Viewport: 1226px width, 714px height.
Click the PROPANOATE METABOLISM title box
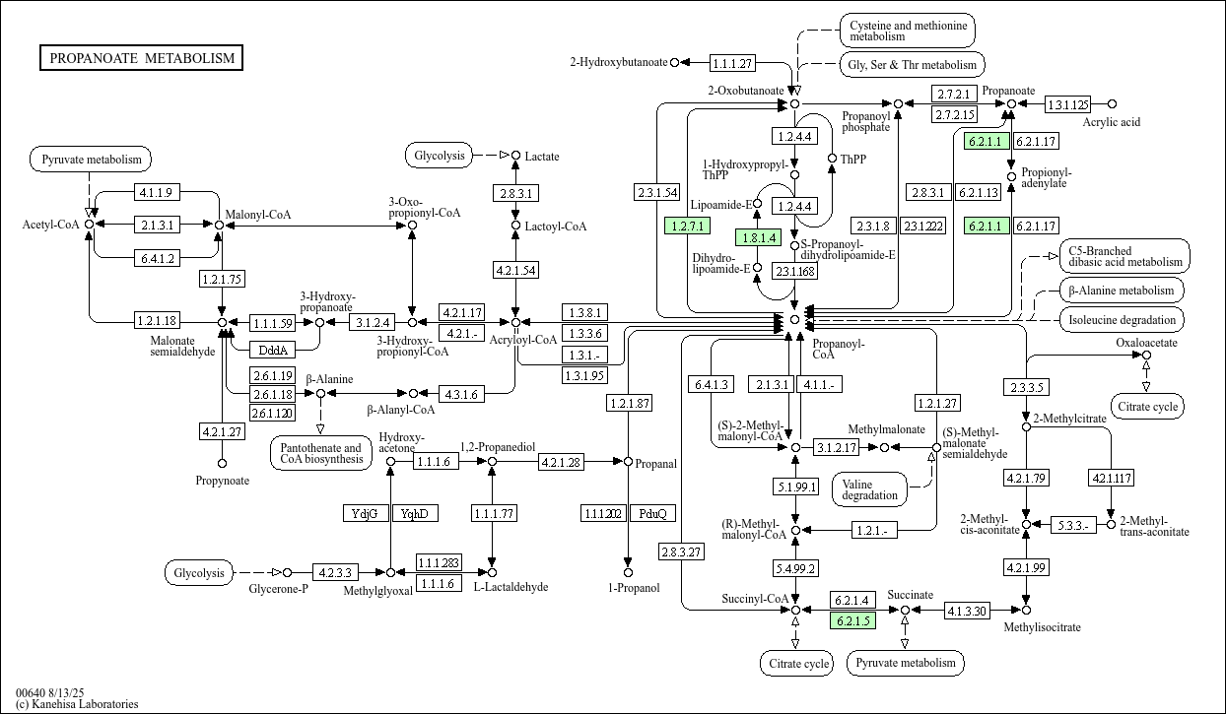pyautogui.click(x=141, y=57)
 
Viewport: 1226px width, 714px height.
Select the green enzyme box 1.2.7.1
pyautogui.click(x=688, y=226)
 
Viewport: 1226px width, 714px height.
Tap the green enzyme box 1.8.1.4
pyautogui.click(x=758, y=237)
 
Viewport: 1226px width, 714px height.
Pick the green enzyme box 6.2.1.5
pyautogui.click(x=852, y=620)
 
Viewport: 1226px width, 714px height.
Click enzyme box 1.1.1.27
pyautogui.click(x=732, y=63)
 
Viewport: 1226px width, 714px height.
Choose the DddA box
pyautogui.click(x=273, y=350)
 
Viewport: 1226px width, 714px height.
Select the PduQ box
pyautogui.click(x=652, y=513)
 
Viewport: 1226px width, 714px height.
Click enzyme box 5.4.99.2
pyautogui.click(x=795, y=568)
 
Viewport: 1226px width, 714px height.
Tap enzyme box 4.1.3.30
pyautogui.click(x=967, y=610)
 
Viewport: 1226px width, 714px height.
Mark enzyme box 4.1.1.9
pyautogui.click(x=157, y=192)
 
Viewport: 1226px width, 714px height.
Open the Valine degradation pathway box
pyautogui.click(x=869, y=489)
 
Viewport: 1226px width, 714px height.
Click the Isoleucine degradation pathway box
pyautogui.click(x=1122, y=319)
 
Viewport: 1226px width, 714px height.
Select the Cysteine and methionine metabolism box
pyautogui.click(x=908, y=31)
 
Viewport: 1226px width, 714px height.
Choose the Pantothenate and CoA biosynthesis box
pyautogui.click(x=320, y=453)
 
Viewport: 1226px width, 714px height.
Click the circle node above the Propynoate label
pyautogui.click(x=222, y=464)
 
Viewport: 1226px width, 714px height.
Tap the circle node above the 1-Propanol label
pyautogui.click(x=629, y=572)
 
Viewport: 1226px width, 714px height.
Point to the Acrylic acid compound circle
pyautogui.click(x=1112, y=104)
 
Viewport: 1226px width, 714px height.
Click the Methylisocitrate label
pyautogui.click(x=1042, y=627)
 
